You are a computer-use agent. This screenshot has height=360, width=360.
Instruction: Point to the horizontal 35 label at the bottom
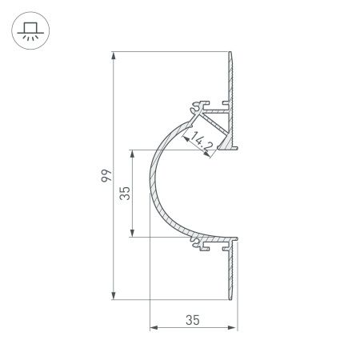pos(192,320)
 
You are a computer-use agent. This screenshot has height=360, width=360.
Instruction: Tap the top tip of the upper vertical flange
pos(233,54)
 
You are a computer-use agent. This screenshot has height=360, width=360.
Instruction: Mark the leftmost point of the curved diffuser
pos(150,192)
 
